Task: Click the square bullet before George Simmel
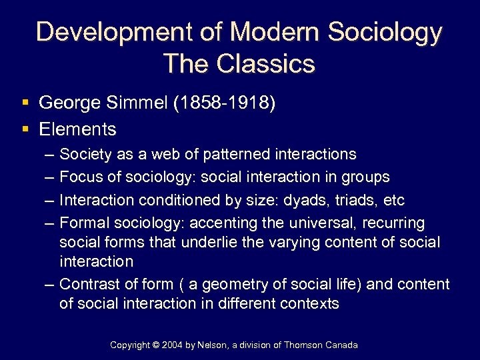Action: point(25,103)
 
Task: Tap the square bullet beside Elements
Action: point(25,129)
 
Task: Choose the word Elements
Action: point(77,129)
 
